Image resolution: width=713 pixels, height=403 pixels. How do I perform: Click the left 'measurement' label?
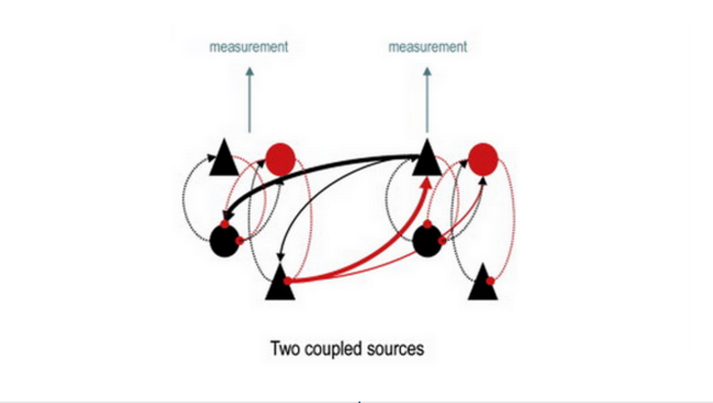[250, 47]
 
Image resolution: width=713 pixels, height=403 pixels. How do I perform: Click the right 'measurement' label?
[428, 47]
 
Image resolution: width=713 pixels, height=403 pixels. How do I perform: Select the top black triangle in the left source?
[222, 159]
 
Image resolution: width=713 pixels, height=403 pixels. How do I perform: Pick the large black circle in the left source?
[224, 239]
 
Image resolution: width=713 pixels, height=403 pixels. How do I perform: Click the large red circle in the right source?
[483, 158]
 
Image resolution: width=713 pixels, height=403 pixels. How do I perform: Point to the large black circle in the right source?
[428, 239]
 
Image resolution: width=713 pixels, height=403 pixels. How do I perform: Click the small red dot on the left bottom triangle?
[286, 282]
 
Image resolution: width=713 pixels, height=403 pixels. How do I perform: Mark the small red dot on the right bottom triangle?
[490, 282]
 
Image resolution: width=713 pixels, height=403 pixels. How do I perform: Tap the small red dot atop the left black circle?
[224, 224]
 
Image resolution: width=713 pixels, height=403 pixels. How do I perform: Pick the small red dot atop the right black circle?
[428, 224]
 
